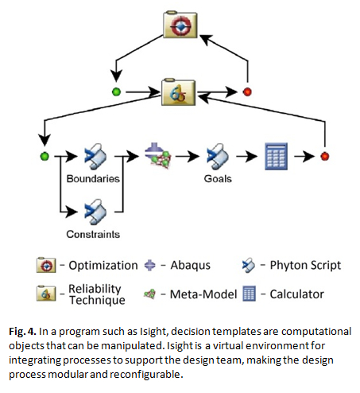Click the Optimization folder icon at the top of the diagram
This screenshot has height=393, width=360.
(x=180, y=25)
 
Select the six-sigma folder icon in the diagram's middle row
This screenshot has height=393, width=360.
(x=178, y=92)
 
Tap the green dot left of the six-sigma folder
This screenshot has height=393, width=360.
(x=116, y=92)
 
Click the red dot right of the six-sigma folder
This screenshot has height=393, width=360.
(x=247, y=91)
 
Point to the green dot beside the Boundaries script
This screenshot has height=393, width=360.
(x=45, y=156)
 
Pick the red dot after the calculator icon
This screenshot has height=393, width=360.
(x=325, y=156)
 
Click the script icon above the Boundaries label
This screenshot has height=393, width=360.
(x=95, y=157)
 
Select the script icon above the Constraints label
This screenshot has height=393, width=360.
(x=95, y=212)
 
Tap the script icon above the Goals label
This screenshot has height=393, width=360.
(x=218, y=157)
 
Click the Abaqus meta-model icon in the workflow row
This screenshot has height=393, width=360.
(x=158, y=156)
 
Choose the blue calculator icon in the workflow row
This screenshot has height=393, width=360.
(x=276, y=157)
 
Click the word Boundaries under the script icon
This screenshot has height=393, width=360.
(x=93, y=179)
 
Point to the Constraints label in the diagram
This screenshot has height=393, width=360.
(x=93, y=234)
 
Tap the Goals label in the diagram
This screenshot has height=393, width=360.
(x=218, y=179)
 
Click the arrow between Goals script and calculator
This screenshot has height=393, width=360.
(x=246, y=157)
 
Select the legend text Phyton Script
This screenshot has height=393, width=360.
(x=305, y=265)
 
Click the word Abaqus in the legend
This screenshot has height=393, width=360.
(x=191, y=265)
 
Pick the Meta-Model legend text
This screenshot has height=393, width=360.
(x=203, y=294)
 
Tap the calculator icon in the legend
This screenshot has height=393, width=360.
(x=249, y=294)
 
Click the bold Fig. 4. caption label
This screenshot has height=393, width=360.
(x=22, y=332)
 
